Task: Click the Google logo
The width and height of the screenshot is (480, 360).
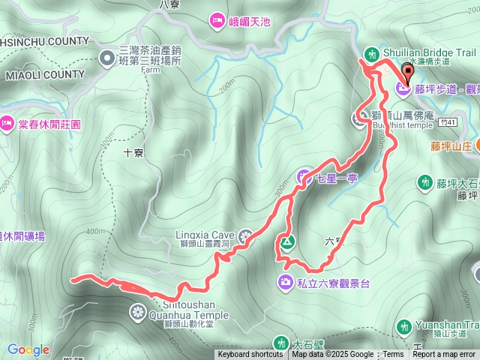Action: pyautogui.click(x=28, y=349)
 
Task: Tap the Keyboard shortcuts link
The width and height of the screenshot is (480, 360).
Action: pyautogui.click(x=250, y=355)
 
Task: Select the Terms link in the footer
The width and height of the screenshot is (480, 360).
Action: pyautogui.click(x=393, y=355)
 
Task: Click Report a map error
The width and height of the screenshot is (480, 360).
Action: pyautogui.click(x=444, y=355)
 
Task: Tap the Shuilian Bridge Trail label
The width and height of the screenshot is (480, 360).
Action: pyautogui.click(x=428, y=52)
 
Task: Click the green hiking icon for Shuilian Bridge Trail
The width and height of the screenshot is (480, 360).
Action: pyautogui.click(x=370, y=53)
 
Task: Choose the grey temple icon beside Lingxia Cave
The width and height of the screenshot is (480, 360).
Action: pyautogui.click(x=247, y=238)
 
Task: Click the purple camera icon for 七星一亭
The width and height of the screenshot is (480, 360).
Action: pyautogui.click(x=304, y=178)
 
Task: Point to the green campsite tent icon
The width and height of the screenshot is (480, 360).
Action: pyautogui.click(x=286, y=242)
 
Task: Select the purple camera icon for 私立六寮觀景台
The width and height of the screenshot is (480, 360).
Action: pyautogui.click(x=286, y=283)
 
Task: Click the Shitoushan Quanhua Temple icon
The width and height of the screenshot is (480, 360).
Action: pyautogui.click(x=138, y=311)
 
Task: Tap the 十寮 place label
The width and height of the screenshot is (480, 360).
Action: pyautogui.click(x=133, y=151)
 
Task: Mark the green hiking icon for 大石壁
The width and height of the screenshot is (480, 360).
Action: pyautogui.click(x=280, y=343)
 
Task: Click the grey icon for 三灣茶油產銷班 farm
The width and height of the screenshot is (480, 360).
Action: pyautogui.click(x=109, y=55)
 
